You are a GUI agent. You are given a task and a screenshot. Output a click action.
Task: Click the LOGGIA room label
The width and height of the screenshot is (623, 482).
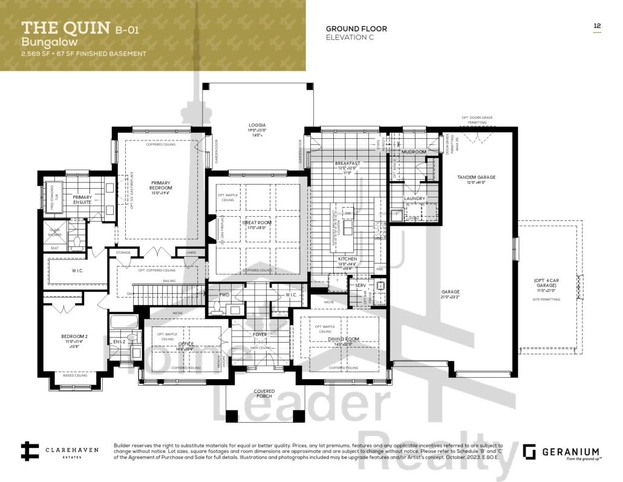coord(257,125)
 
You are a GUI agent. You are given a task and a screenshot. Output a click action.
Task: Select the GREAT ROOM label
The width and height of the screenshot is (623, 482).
coord(257,223)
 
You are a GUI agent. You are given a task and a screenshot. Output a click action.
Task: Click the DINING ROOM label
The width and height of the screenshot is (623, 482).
coord(344,339)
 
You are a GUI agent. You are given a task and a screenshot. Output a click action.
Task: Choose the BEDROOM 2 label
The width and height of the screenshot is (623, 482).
coord(74,337)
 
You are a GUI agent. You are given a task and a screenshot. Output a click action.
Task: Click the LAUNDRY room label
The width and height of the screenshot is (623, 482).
coord(415,199)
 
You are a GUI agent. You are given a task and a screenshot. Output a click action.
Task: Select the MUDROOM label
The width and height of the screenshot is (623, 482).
coord(414,152)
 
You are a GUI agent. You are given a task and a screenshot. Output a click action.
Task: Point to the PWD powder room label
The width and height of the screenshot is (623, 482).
coord(224,295)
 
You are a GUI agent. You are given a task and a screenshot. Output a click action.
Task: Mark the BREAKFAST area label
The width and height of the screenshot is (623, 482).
coord(347,163)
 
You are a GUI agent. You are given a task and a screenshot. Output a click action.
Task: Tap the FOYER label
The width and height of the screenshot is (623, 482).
coord(260,334)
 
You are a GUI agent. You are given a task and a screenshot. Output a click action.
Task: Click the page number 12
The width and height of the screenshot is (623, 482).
coord(596,25)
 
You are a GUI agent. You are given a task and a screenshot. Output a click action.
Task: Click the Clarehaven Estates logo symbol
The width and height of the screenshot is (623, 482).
coord(30,451)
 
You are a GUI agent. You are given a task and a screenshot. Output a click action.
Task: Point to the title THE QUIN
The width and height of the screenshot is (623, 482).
coord(65,28)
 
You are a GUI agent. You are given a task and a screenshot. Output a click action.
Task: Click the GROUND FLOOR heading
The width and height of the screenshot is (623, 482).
coord(356,28)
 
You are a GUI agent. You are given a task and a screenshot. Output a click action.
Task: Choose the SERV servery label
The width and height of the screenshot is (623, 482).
coord(360,285)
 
